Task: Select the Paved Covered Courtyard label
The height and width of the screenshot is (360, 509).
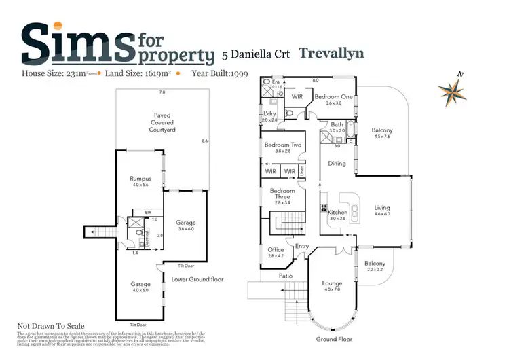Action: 162,122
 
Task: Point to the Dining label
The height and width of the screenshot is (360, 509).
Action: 337,164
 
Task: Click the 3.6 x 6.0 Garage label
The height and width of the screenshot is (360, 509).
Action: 186,226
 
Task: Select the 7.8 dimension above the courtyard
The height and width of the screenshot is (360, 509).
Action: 162,92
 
